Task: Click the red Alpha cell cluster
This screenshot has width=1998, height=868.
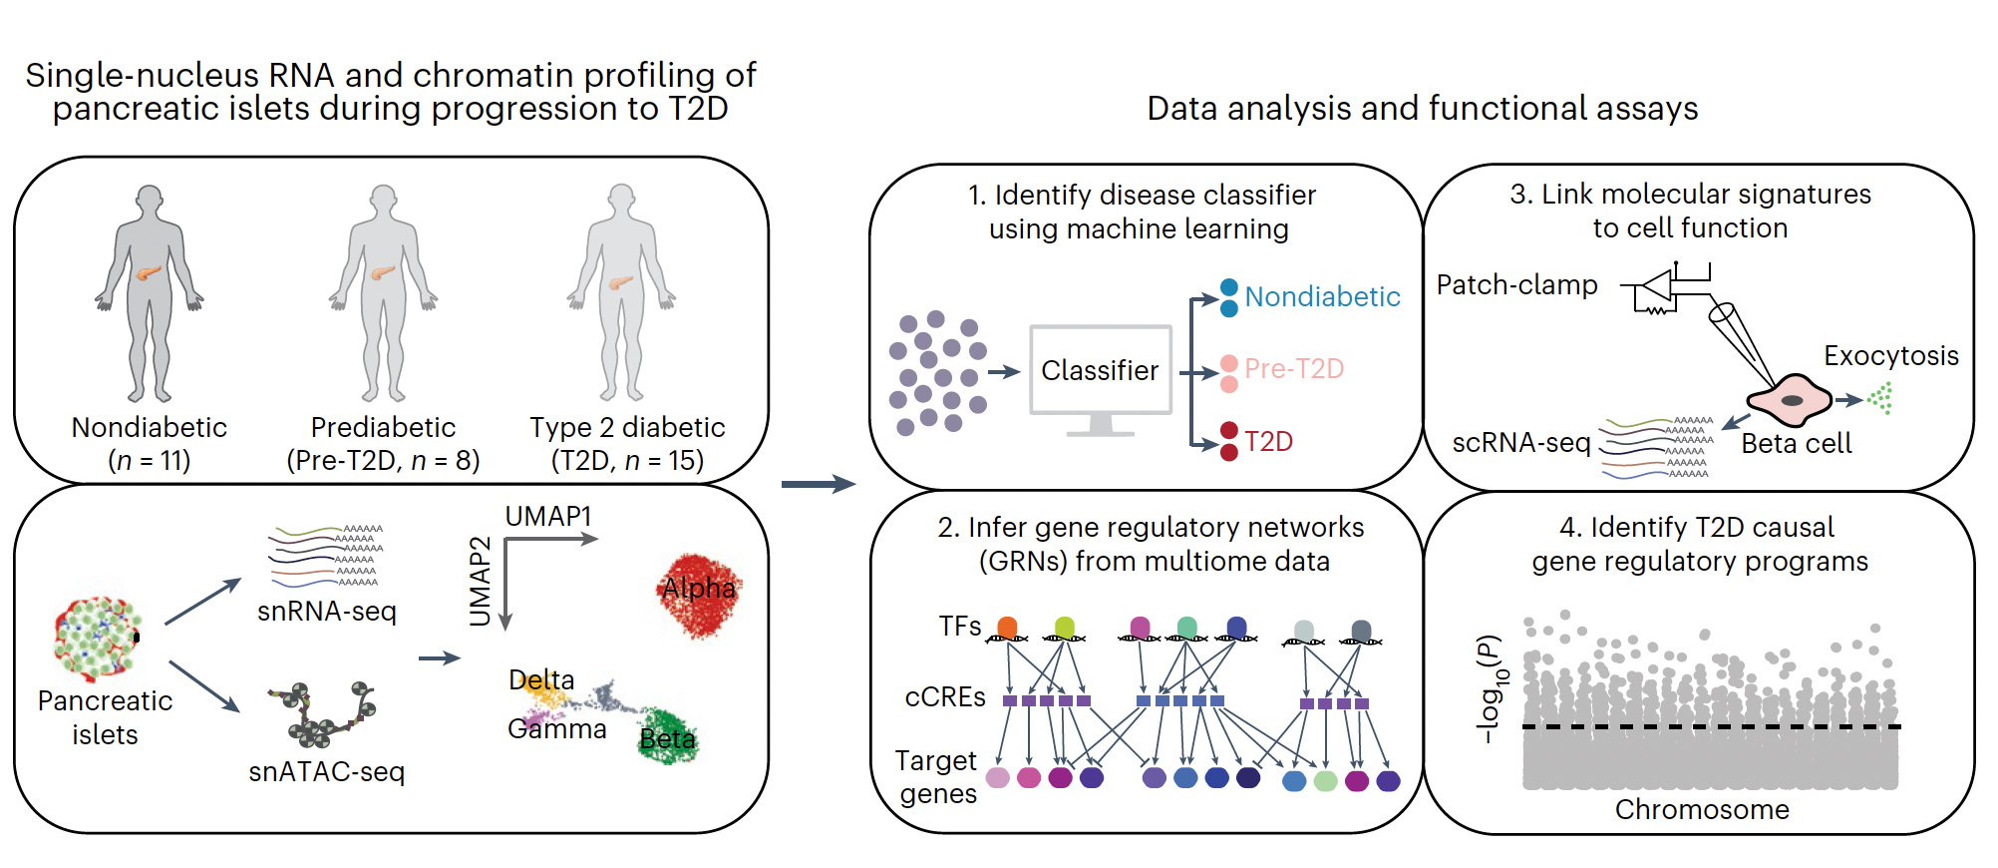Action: click(700, 596)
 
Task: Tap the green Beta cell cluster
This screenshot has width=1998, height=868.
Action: click(667, 737)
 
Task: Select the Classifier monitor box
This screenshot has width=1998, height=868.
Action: click(1100, 370)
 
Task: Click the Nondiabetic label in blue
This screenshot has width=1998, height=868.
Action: click(1322, 296)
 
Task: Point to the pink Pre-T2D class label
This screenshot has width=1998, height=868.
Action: click(1294, 369)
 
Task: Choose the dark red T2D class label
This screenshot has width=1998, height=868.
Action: click(1268, 441)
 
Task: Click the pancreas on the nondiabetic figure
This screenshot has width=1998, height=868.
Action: click(149, 272)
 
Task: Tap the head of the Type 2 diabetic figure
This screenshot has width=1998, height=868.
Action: click(622, 196)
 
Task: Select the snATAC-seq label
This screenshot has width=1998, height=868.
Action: click(327, 771)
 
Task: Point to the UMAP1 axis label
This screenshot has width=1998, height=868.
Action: click(547, 516)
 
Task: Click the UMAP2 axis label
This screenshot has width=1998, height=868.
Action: click(481, 581)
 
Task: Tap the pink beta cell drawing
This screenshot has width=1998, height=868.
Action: click(1790, 400)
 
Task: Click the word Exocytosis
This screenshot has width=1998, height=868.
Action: click(1890, 355)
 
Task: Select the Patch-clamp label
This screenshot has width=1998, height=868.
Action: click(1516, 285)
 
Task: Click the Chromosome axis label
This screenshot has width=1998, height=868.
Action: click(1702, 809)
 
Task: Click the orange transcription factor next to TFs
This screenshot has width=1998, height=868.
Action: click(1007, 628)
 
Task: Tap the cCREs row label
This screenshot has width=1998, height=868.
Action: click(944, 697)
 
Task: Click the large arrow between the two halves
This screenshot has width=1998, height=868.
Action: click(818, 485)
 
